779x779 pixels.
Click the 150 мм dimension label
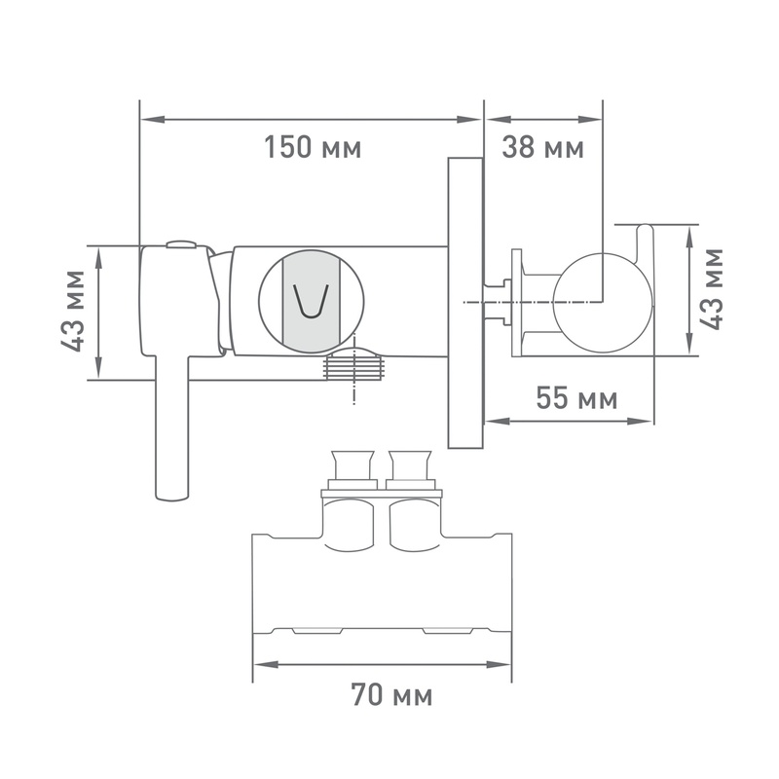[x=313, y=148]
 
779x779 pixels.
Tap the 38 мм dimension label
[x=542, y=148]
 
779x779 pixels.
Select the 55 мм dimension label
[x=576, y=398]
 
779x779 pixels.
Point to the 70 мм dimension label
[x=391, y=694]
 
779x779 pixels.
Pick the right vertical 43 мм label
[x=711, y=288]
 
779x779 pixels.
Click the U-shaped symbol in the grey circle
[x=312, y=301]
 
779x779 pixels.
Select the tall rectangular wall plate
[x=465, y=303]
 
